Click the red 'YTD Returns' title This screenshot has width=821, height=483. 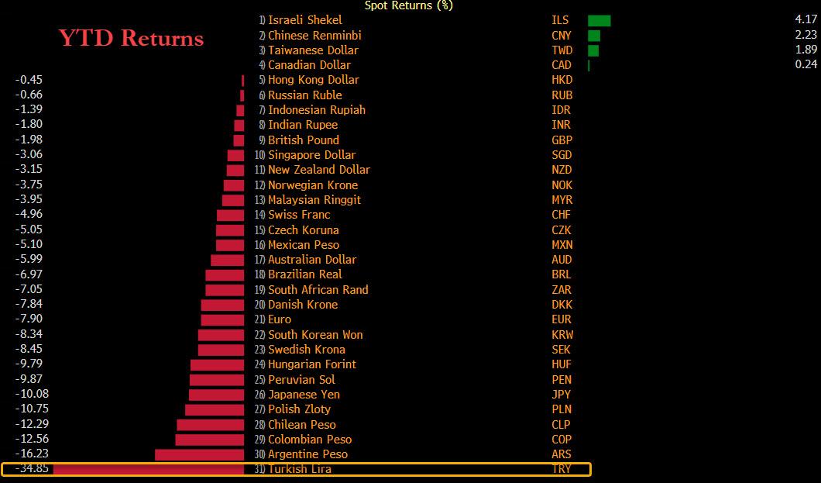coord(132,38)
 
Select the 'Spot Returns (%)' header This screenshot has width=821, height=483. coord(409,5)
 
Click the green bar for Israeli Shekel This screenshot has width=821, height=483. coord(599,20)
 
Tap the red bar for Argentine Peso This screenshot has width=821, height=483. coord(199,454)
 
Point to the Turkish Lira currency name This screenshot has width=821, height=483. coord(300,469)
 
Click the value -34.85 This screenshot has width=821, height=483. coord(32,469)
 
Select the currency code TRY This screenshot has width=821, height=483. coord(562,469)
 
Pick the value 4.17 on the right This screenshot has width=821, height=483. coord(806,20)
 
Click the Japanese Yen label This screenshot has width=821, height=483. coord(304,395)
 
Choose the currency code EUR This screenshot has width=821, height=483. coord(562,319)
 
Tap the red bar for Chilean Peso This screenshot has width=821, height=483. coord(210,424)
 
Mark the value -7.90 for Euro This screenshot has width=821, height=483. coord(29,319)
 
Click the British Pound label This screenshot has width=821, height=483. coord(303,140)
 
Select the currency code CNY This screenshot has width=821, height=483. coord(562,36)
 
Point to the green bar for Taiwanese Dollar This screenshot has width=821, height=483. coord(593,50)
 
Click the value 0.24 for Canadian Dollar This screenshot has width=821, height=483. coord(806,65)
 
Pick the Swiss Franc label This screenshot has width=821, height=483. coord(299,215)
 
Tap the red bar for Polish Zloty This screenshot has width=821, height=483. coord(215,409)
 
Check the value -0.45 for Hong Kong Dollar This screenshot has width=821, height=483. coord(29,80)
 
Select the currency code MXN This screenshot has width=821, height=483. coord(562,245)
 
